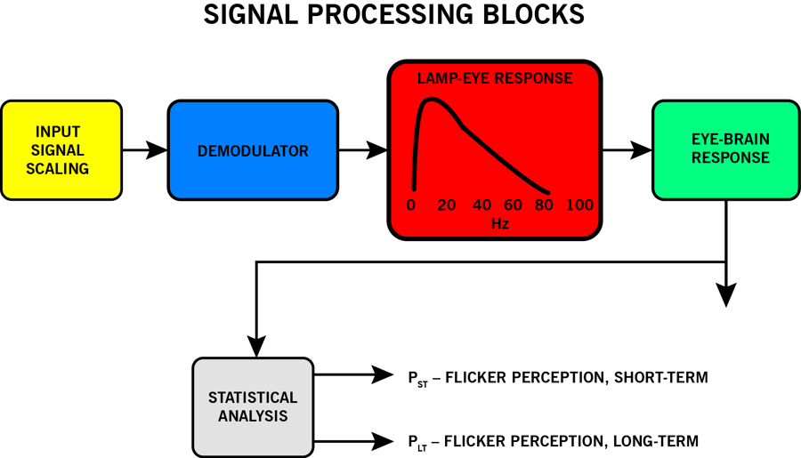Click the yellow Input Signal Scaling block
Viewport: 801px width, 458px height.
coord(61,149)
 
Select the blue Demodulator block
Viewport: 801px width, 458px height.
coord(253,150)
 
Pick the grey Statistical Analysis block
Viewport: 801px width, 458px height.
coord(253,406)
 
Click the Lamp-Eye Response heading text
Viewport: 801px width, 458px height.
coord(495,78)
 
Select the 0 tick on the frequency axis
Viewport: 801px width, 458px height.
coord(411,205)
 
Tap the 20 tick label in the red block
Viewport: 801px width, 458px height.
coord(447,205)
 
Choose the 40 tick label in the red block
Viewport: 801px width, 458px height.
coord(481,205)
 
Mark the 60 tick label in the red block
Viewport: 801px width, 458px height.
coord(514,205)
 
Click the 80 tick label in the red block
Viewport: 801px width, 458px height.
coord(545,205)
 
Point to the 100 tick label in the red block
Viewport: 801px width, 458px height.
coord(579,205)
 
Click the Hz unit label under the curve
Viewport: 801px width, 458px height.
coord(500,224)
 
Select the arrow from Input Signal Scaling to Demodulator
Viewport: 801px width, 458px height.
coord(144,150)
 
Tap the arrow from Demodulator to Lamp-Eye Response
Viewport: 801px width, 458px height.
coord(362,150)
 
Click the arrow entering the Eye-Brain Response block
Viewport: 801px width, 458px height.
coord(628,150)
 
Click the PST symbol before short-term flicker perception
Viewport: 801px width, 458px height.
coord(415,379)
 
